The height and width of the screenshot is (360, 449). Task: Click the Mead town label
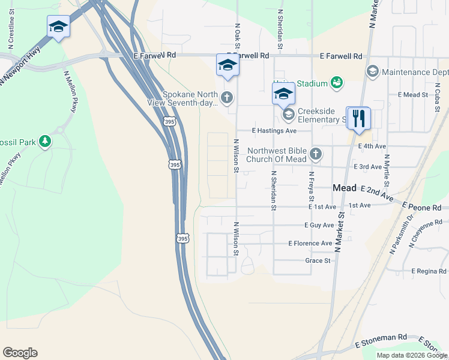point(345,188)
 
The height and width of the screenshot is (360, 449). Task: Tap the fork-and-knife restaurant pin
point(359,118)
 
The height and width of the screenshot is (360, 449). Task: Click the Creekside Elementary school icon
point(289,113)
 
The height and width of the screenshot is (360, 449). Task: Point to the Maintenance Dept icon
point(372,71)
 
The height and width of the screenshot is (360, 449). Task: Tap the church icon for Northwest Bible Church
point(316,155)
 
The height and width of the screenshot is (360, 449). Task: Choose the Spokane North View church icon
point(227,97)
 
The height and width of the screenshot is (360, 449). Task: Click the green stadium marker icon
point(337,83)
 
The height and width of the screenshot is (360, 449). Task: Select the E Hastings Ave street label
point(274,130)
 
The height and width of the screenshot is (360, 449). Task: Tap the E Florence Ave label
point(310,243)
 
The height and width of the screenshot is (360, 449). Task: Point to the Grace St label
point(318,260)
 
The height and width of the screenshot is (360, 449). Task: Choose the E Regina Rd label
point(429,271)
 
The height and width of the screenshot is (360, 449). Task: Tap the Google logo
point(20,353)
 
